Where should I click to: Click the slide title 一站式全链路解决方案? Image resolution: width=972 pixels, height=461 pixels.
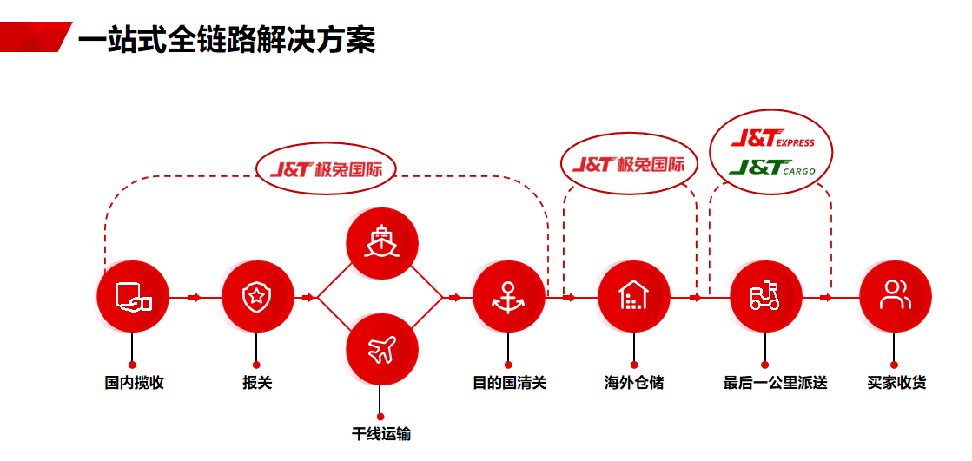click(x=227, y=39)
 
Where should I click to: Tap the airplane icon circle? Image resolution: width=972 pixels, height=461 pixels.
click(x=381, y=350)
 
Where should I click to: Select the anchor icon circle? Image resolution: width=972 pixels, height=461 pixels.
click(x=508, y=296)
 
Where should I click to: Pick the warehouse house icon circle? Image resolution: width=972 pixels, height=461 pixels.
click(x=634, y=296)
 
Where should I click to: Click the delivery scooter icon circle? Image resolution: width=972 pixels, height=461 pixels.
click(x=764, y=296)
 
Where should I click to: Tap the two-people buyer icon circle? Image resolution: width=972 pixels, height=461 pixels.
click(x=894, y=296)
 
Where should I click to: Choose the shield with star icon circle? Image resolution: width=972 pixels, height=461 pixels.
click(x=256, y=296)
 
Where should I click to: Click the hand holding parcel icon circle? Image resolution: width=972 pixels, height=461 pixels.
click(x=132, y=296)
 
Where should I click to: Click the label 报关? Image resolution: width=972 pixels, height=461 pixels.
click(x=257, y=382)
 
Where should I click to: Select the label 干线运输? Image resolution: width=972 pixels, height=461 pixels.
click(x=381, y=434)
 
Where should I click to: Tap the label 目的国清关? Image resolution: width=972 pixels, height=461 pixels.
click(x=509, y=382)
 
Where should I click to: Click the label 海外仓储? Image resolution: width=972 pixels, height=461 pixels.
click(x=634, y=382)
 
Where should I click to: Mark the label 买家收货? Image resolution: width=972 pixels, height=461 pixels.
click(x=896, y=382)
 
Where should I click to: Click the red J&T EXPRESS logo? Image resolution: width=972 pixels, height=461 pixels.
click(x=772, y=139)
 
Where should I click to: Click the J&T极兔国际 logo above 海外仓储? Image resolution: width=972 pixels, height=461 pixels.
click(x=629, y=163)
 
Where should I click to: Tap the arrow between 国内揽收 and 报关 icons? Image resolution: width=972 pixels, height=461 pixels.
click(x=194, y=297)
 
